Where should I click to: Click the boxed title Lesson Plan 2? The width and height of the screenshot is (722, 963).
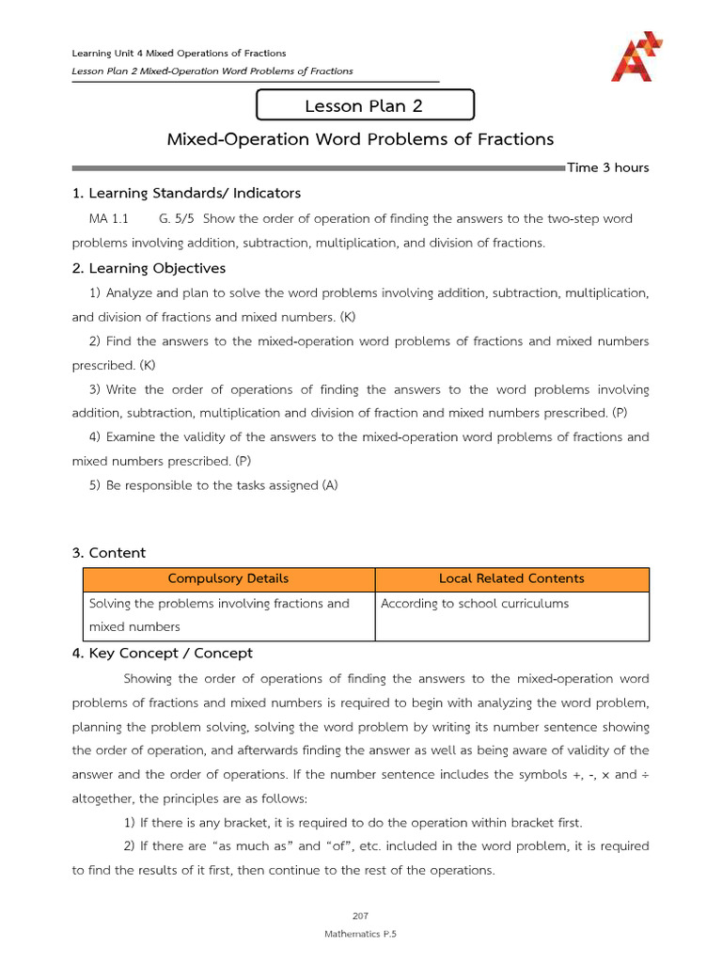pyautogui.click(x=364, y=106)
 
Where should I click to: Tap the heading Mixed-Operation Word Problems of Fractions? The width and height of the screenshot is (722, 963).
pyautogui.click(x=360, y=139)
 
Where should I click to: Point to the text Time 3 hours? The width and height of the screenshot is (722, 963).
pyautogui.click(x=607, y=167)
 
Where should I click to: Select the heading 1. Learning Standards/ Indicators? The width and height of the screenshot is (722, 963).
pyautogui.click(x=186, y=193)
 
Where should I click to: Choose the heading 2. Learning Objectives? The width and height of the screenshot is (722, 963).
pyautogui.click(x=149, y=268)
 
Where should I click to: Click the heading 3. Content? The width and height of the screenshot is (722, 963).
pyautogui.click(x=109, y=553)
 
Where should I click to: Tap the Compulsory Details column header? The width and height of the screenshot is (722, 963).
pyautogui.click(x=228, y=578)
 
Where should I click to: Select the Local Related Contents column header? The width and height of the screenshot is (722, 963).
pyautogui.click(x=511, y=578)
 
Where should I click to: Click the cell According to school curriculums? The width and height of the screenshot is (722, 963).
pyautogui.click(x=475, y=604)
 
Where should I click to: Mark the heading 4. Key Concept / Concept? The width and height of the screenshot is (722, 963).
pyautogui.click(x=163, y=653)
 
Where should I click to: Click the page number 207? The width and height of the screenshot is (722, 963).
pyautogui.click(x=360, y=914)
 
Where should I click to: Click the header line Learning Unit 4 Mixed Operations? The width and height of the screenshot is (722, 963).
pyautogui.click(x=179, y=53)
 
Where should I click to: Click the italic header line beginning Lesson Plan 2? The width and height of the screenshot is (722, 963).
pyautogui.click(x=212, y=71)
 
